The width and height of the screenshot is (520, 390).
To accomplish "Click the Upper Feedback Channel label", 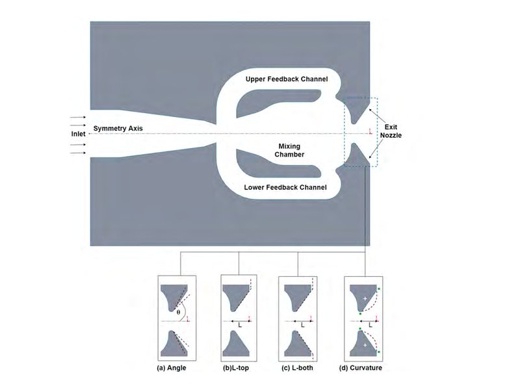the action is pos(287,79).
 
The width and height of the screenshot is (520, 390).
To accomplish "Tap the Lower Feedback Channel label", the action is pos(285,187).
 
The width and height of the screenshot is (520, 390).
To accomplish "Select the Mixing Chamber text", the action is pos(289,150).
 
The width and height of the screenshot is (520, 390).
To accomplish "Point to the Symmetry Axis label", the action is pos(118,128).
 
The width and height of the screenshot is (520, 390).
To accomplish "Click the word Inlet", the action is pos(78,134).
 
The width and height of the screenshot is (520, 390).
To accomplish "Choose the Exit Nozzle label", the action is pos(391,131).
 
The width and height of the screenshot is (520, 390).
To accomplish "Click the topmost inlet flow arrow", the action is pos(77,117).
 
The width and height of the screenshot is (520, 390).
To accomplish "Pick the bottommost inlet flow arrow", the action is pos(77,153).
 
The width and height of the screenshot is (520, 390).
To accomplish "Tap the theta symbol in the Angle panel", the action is pos(178,312).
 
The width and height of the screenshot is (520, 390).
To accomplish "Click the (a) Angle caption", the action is pos(172,368).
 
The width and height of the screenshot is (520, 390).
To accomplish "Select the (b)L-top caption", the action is pos(236,368).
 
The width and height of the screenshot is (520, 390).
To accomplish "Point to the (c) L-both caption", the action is pos(297,368).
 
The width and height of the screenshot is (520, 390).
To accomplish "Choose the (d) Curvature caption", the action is pos(361,368).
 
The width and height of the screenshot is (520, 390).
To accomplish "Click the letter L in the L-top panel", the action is pos(240,326).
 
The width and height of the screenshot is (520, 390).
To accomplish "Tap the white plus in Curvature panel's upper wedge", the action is pos(365,299).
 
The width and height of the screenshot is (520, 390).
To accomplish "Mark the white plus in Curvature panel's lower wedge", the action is pos(365,345).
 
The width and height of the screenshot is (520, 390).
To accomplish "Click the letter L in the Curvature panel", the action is pos(370,326).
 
